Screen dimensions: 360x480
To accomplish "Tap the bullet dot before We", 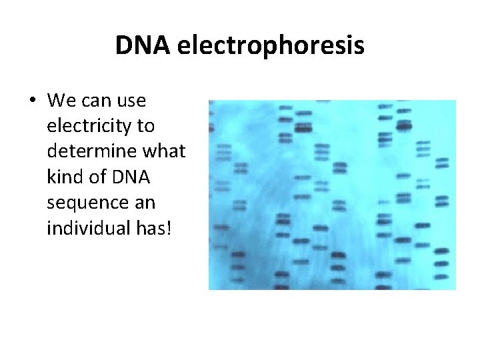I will click(32, 101).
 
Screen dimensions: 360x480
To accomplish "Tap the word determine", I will click(89, 151).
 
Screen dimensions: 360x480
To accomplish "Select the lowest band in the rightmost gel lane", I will click(440, 276).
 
